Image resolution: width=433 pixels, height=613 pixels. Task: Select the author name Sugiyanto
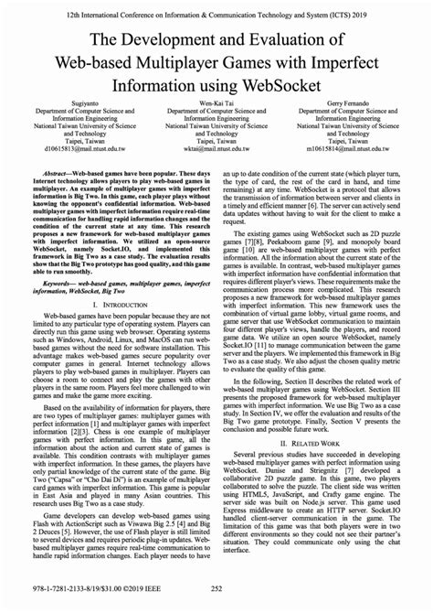coord(72,106)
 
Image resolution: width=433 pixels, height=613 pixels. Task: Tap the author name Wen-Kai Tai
coord(216,106)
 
